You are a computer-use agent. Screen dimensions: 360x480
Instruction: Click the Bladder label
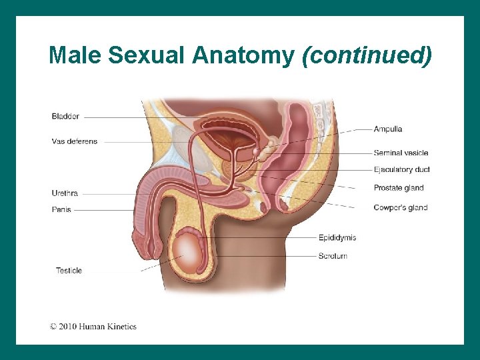coord(65,117)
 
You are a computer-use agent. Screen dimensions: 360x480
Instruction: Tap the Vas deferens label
coord(74,141)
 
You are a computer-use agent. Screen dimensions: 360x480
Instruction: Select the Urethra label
coord(65,193)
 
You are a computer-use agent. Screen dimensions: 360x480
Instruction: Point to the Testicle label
coord(69,271)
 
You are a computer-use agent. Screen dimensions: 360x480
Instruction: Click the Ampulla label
coord(388,129)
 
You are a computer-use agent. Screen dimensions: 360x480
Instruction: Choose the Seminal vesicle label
coord(401,153)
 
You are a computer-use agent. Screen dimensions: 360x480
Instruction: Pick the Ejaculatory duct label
coord(401,170)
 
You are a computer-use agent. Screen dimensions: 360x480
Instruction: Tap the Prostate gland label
coord(399,188)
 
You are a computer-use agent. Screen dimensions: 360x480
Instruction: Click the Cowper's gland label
coord(400,207)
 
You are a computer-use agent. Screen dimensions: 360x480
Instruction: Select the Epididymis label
coord(337,237)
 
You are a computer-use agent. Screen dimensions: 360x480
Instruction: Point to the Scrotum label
coord(333,256)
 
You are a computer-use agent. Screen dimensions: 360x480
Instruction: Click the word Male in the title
coord(75,55)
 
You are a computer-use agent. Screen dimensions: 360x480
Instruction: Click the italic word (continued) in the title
coord(367,55)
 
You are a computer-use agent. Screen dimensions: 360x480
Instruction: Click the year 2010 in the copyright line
coord(68,327)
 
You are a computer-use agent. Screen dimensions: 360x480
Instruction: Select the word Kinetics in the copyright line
coord(121,327)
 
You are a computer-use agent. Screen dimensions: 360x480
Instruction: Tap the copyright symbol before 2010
coord(53,327)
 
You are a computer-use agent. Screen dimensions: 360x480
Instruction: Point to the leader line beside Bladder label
coord(133,117)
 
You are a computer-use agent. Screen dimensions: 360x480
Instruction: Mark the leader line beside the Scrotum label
coord(267,256)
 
